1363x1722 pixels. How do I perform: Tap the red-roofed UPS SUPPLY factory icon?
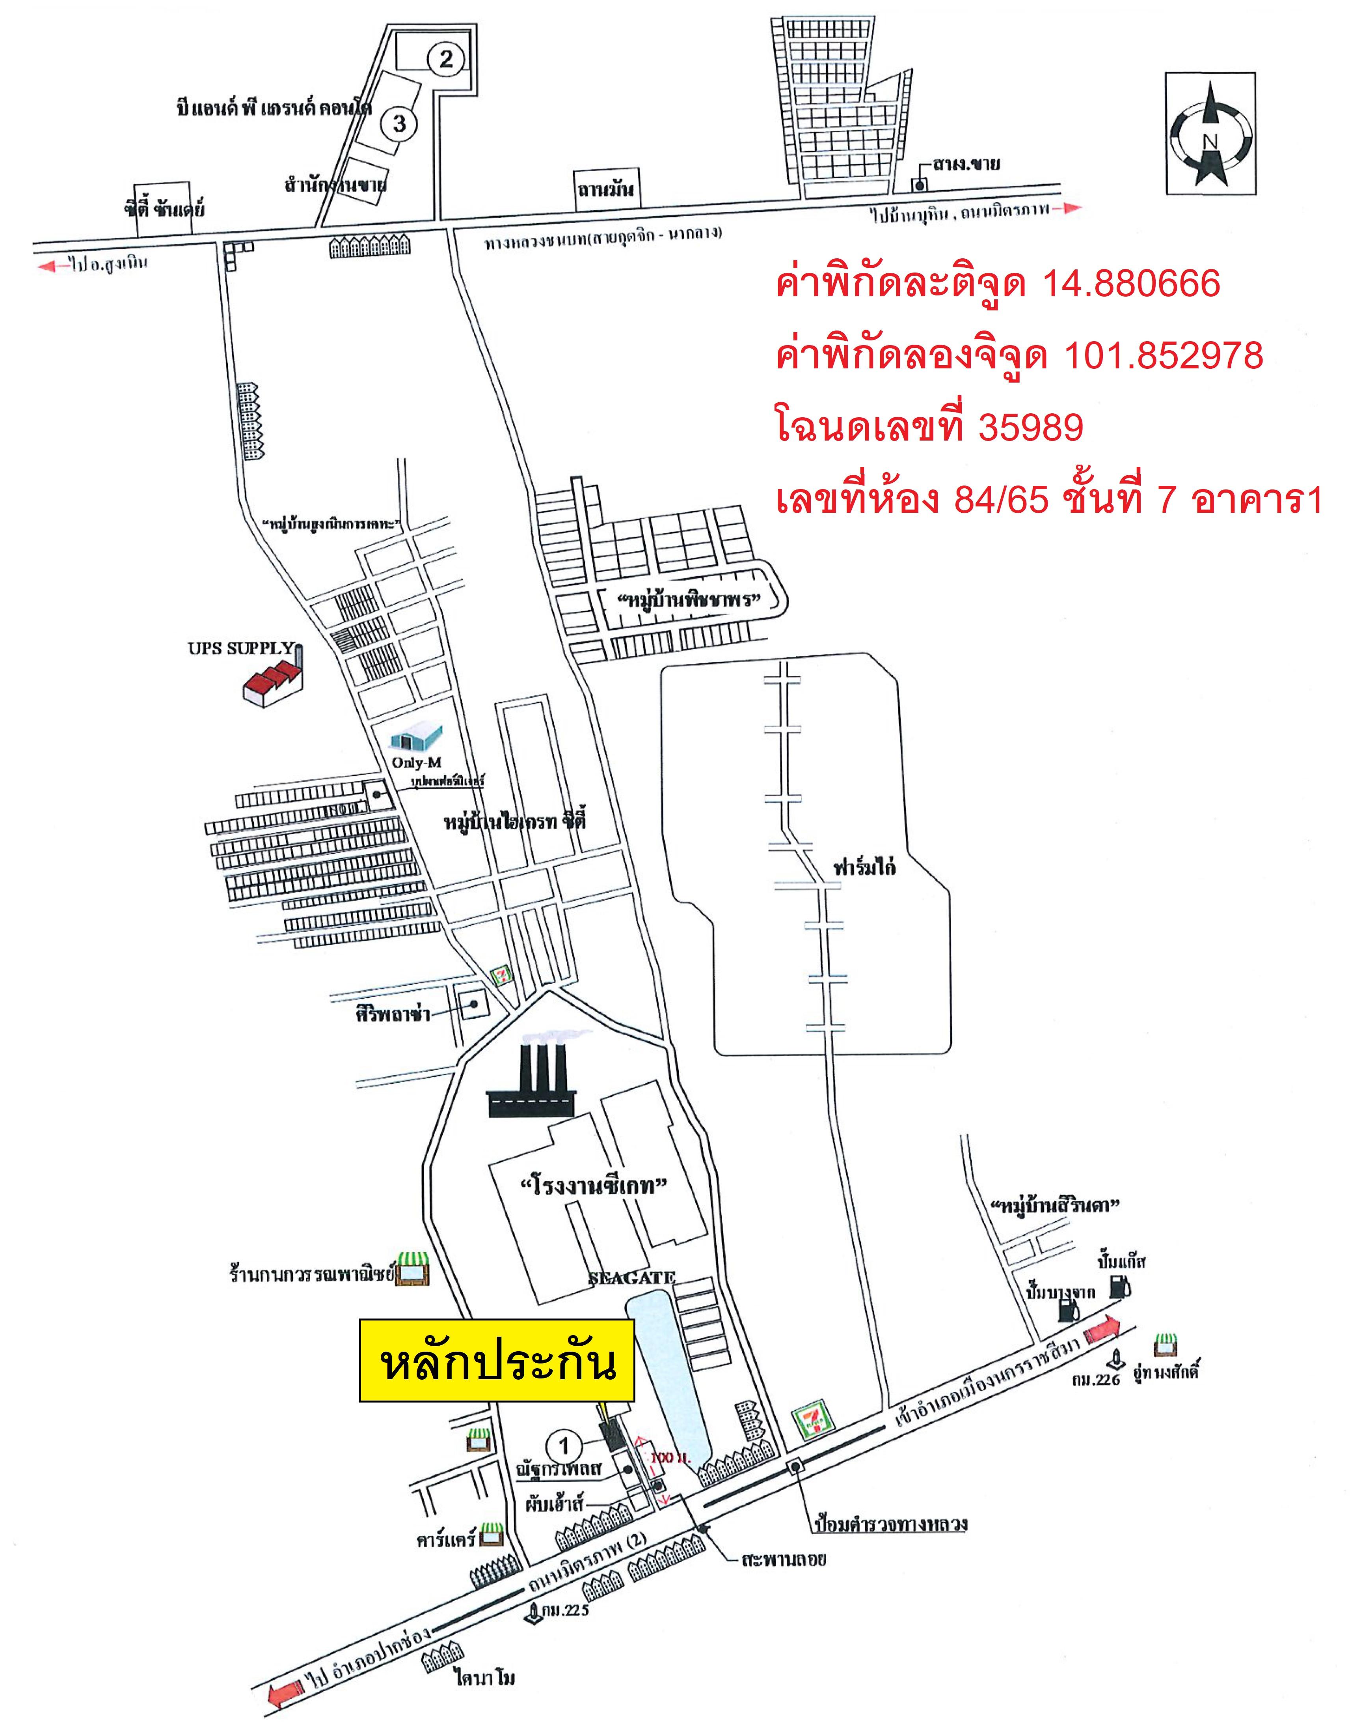(274, 678)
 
